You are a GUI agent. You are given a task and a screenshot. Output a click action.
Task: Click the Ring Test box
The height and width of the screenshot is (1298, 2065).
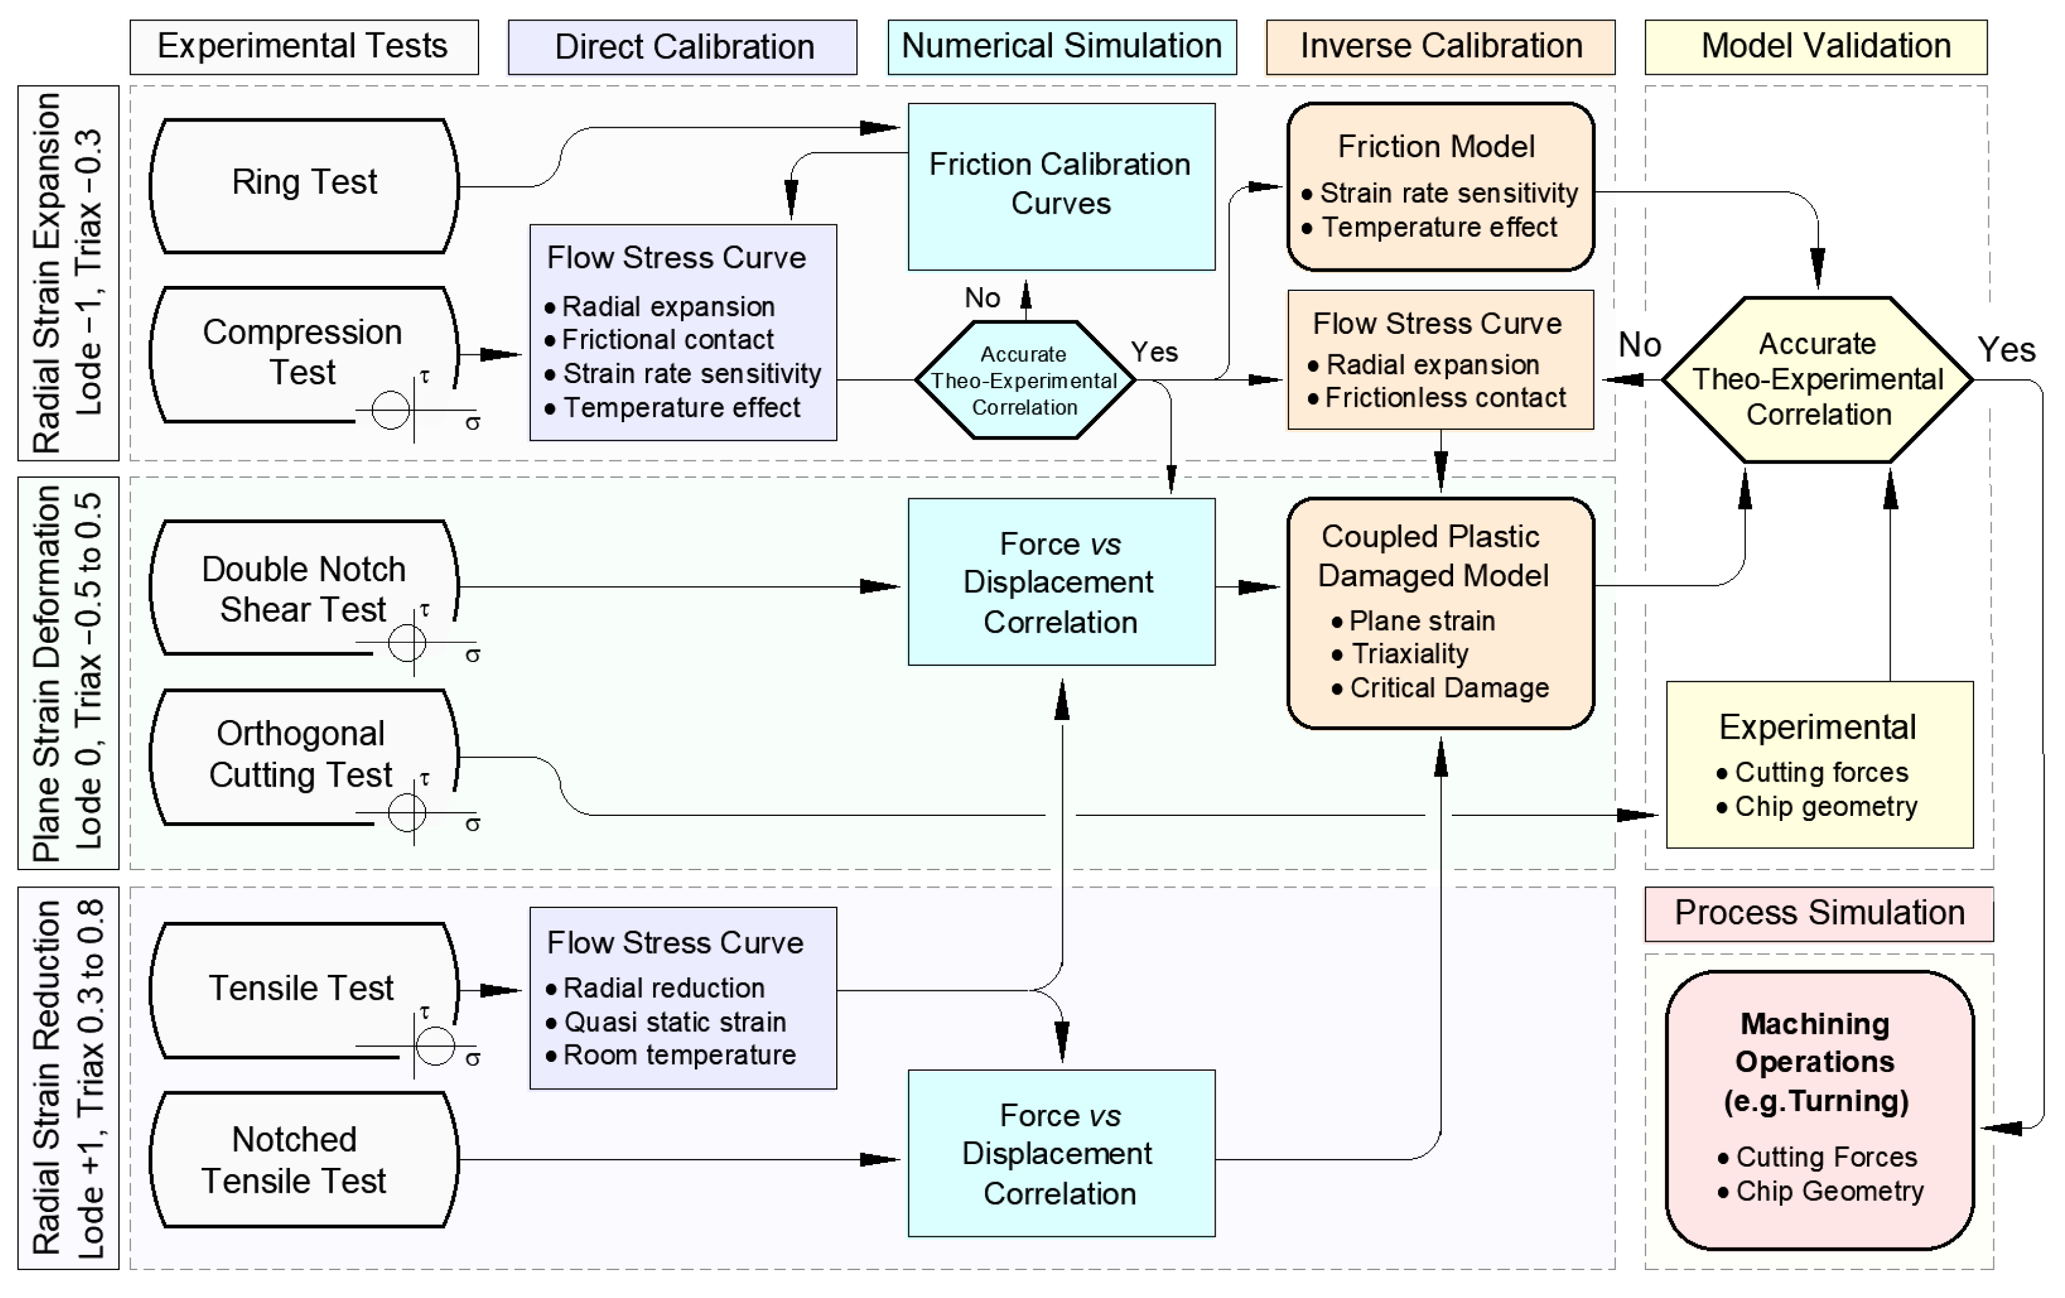click(x=305, y=184)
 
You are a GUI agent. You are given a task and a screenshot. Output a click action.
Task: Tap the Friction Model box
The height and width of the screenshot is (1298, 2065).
click(x=1440, y=186)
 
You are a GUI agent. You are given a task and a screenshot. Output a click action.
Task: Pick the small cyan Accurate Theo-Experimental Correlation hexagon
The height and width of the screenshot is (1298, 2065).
click(x=1025, y=381)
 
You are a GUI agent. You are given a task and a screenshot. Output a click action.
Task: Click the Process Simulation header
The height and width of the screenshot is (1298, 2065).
click(x=1819, y=913)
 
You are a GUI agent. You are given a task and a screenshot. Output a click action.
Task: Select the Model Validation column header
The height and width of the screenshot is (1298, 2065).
click(x=1816, y=46)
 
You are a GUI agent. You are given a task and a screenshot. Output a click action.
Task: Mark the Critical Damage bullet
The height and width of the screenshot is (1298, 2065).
click(x=1448, y=688)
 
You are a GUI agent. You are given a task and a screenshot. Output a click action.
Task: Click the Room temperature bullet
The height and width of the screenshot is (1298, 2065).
click(x=679, y=1054)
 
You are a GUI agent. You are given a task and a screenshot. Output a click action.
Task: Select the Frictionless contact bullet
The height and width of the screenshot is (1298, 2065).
click(x=1444, y=398)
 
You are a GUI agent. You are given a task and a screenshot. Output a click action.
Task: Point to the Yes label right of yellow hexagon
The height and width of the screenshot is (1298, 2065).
click(x=2006, y=350)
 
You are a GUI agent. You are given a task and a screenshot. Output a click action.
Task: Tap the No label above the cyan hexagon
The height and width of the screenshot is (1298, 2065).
click(x=982, y=298)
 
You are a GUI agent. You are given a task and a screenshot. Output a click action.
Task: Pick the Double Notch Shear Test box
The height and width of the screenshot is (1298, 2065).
click(x=305, y=588)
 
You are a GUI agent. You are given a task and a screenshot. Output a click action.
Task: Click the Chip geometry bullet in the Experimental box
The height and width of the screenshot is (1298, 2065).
click(x=1825, y=807)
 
